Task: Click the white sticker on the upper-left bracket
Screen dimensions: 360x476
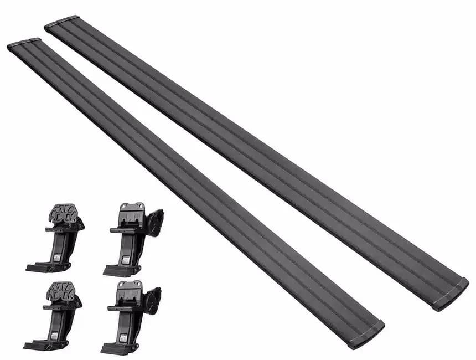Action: [x=56, y=258]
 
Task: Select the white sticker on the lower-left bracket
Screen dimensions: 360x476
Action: [x=54, y=336]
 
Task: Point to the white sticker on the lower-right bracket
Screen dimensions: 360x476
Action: [x=124, y=337]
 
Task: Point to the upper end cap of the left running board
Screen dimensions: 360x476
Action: [x=23, y=43]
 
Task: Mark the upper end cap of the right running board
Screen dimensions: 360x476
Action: [x=61, y=22]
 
